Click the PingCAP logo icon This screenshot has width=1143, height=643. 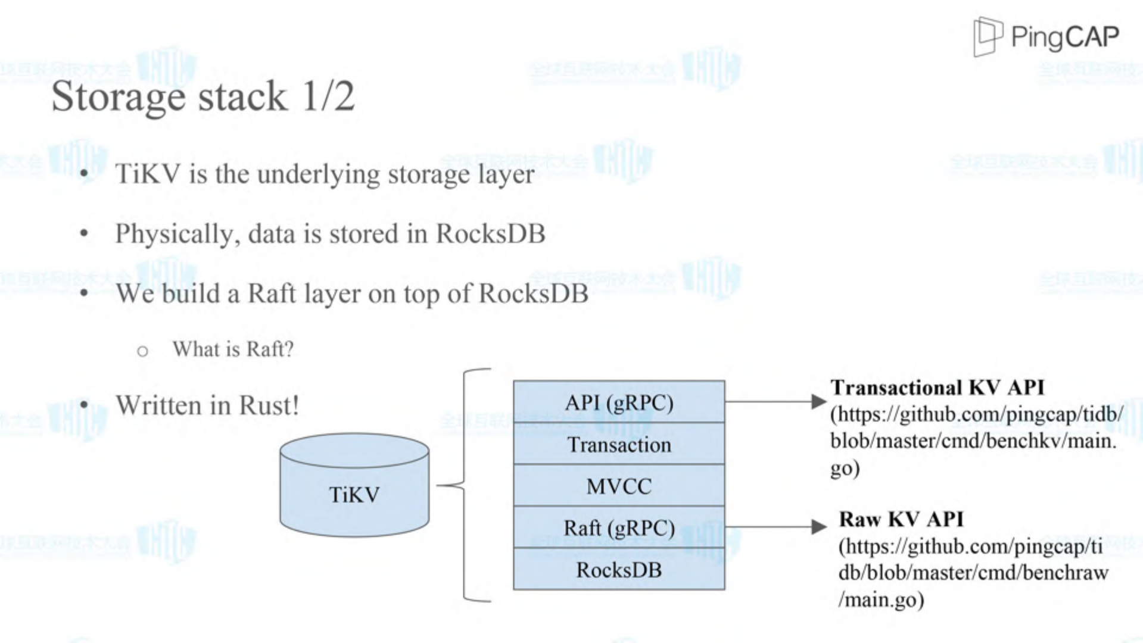pyautogui.click(x=987, y=36)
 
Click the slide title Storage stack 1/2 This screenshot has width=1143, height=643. pyautogui.click(x=203, y=96)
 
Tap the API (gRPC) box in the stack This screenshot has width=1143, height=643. pyautogui.click(x=619, y=402)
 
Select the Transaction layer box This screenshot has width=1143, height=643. pyautogui.click(x=619, y=445)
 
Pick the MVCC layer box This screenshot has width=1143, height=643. pyautogui.click(x=619, y=486)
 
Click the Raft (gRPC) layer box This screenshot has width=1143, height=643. pyautogui.click(x=619, y=528)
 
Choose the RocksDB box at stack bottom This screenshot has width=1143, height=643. pyautogui.click(x=619, y=570)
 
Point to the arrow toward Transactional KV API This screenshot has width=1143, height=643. pyautogui.click(x=774, y=402)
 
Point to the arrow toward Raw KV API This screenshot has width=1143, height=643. pyautogui.click(x=774, y=526)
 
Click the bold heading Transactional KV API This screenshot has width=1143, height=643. pyautogui.click(x=937, y=388)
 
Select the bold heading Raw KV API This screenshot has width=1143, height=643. pyautogui.click(x=901, y=519)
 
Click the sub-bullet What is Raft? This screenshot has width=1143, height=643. pyautogui.click(x=233, y=349)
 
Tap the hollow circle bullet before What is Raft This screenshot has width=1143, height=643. pyautogui.click(x=142, y=351)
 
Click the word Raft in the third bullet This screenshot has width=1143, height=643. pyautogui.click(x=271, y=294)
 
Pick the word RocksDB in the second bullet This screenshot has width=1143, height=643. pyautogui.click(x=490, y=233)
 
